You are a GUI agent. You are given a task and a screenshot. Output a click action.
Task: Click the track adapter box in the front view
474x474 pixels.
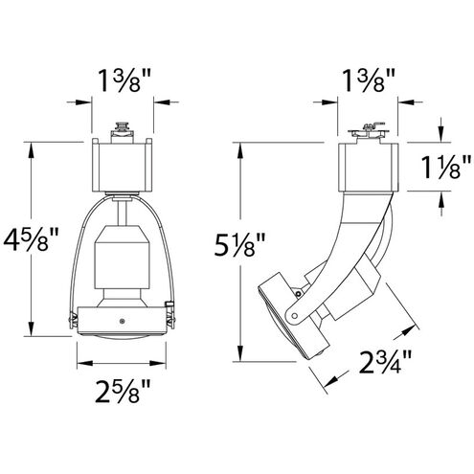tap(123, 162)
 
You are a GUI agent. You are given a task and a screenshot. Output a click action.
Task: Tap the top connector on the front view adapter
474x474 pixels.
tap(123, 127)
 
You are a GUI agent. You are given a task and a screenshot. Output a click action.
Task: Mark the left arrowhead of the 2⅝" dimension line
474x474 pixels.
tap(79, 362)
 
